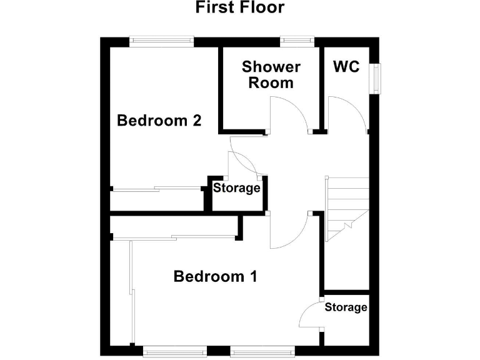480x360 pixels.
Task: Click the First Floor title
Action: (x=239, y=7)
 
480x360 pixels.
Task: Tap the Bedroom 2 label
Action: (x=159, y=120)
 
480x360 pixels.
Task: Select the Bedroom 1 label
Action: (x=216, y=276)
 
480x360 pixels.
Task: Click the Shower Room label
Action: (x=271, y=74)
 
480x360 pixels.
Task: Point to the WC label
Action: (x=346, y=66)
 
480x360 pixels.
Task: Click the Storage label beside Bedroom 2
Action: (x=237, y=187)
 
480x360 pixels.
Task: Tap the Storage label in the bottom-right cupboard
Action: (x=346, y=307)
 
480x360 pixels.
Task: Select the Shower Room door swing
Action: (x=285, y=115)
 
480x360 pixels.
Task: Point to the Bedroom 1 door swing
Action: (x=287, y=231)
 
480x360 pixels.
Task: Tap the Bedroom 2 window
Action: (x=161, y=41)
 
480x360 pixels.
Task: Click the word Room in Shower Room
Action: (x=271, y=82)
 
